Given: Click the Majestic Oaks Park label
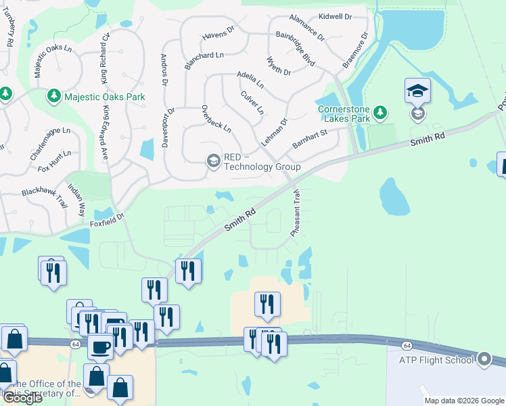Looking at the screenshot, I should click(x=105, y=97).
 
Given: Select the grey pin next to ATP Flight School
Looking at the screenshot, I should click(x=484, y=359).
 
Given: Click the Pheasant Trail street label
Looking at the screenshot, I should click(x=296, y=212).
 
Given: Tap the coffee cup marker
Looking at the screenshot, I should click(x=101, y=348).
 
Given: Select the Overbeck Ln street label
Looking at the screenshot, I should click(x=216, y=118).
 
